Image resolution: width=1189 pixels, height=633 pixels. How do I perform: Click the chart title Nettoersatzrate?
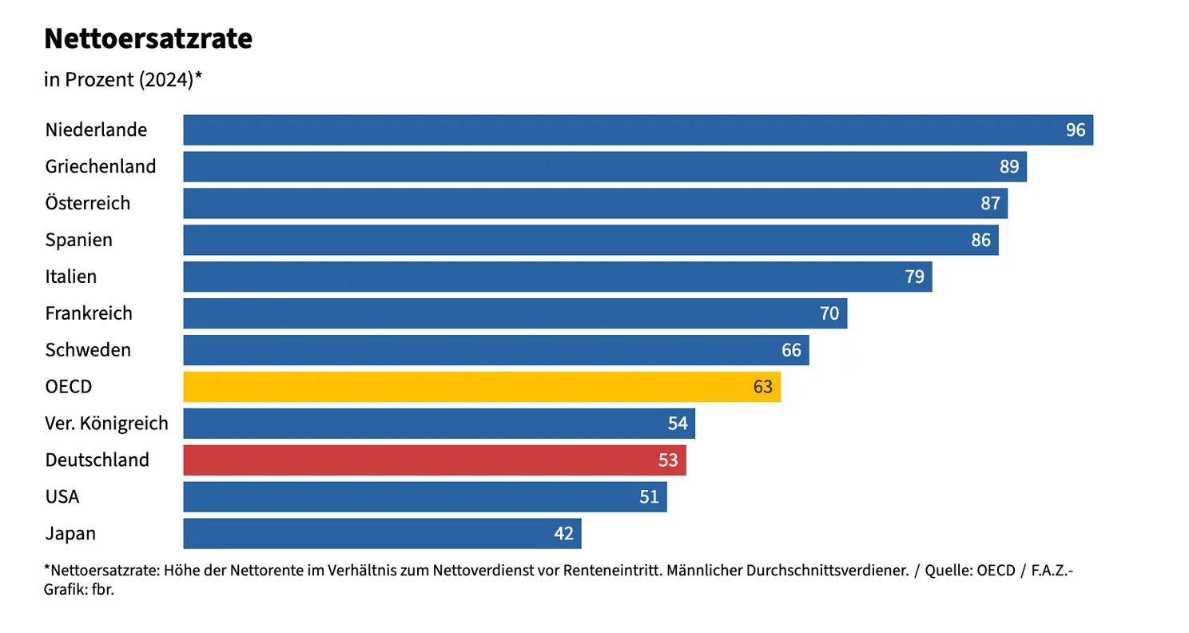click(149, 38)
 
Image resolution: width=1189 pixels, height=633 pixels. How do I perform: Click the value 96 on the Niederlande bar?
click(1076, 130)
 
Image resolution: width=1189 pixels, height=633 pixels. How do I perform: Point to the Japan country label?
click(71, 534)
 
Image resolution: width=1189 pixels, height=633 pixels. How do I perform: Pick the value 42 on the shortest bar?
click(564, 534)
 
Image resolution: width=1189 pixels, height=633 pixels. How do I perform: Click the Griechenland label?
click(101, 167)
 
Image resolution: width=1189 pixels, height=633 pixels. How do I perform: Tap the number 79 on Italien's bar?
click(914, 277)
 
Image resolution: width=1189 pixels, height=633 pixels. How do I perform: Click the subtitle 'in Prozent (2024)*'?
click(123, 80)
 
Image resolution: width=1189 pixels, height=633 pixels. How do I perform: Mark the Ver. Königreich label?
click(107, 424)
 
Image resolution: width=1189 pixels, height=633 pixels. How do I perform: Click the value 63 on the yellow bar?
click(763, 388)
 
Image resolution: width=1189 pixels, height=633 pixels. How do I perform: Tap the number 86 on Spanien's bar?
click(980, 241)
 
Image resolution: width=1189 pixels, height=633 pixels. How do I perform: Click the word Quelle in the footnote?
click(948, 571)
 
